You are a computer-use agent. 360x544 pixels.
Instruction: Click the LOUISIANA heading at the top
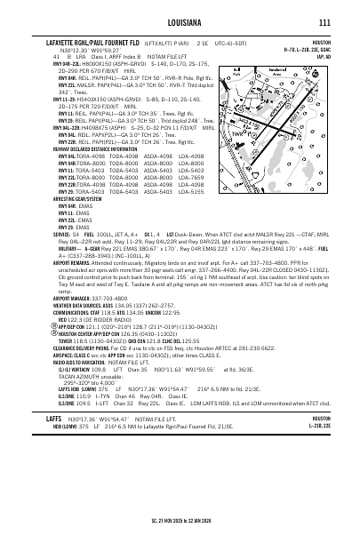coord(180,21)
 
